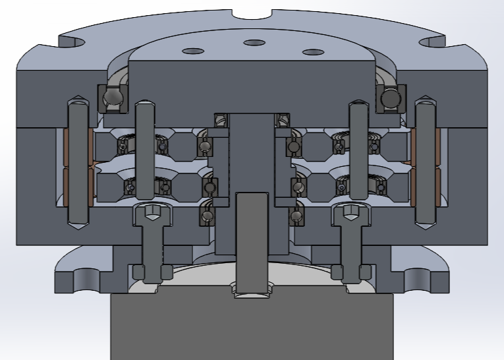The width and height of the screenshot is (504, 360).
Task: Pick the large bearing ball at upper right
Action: click(x=391, y=98)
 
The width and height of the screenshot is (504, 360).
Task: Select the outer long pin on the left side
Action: click(x=78, y=165)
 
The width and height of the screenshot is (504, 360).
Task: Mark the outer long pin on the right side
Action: click(x=425, y=165)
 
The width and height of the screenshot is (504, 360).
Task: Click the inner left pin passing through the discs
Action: click(x=144, y=152)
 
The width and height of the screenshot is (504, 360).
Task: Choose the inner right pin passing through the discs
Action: click(x=358, y=152)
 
